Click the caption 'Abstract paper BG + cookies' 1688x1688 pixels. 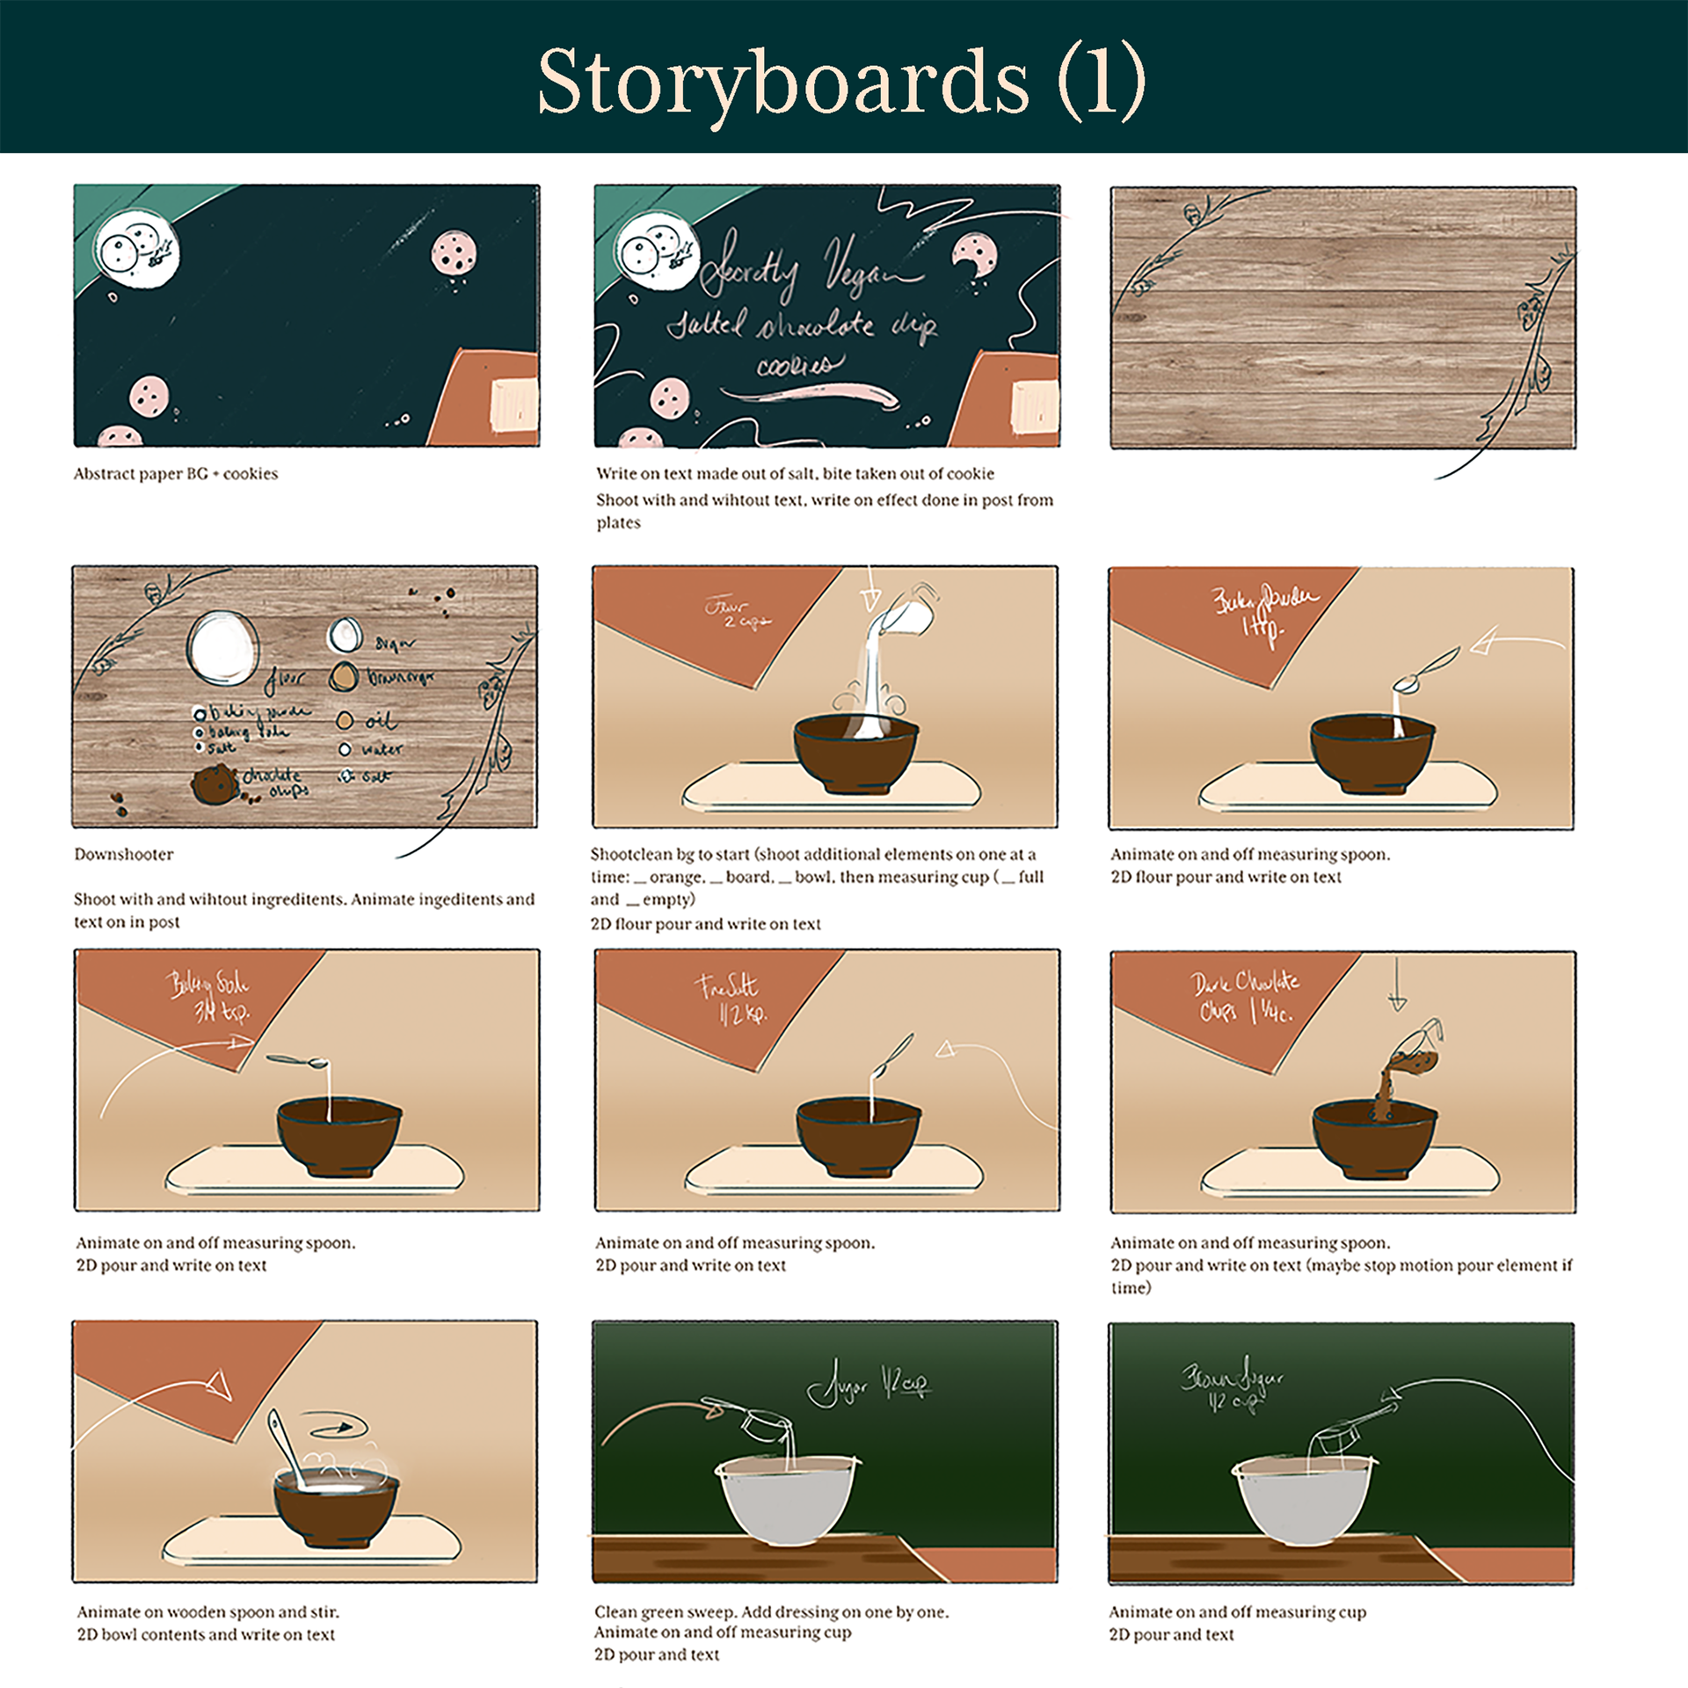[x=176, y=474]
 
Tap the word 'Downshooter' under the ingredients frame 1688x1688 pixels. [x=124, y=854]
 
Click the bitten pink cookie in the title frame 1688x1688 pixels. [x=973, y=253]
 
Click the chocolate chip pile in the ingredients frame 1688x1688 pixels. [x=214, y=783]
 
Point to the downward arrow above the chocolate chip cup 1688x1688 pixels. [x=1397, y=985]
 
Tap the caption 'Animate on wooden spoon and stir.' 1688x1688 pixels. [x=207, y=1612]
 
